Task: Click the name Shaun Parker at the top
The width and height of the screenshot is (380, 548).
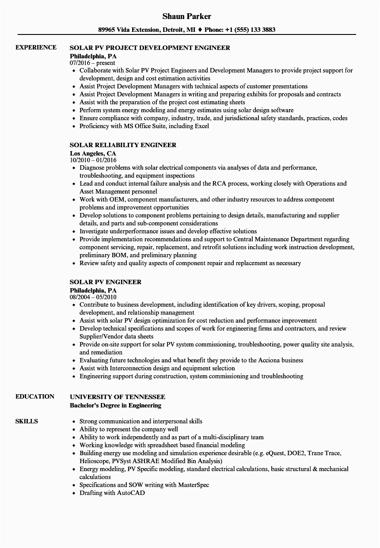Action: tap(186, 16)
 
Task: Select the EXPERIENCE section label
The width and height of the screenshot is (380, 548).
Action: tap(36, 47)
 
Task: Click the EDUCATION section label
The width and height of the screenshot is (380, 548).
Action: tap(35, 396)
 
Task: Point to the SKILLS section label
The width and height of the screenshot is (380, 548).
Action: tap(27, 421)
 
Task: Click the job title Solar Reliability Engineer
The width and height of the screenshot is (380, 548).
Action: tap(123, 145)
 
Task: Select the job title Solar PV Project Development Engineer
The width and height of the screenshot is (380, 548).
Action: tap(150, 48)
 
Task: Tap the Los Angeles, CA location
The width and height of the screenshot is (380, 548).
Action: tap(93, 153)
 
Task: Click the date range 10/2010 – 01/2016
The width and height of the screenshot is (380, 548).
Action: tap(93, 160)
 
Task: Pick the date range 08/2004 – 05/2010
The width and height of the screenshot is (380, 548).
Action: tap(93, 297)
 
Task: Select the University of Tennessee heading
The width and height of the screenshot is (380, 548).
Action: tap(118, 397)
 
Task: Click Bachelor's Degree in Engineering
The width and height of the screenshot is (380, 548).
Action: tap(115, 405)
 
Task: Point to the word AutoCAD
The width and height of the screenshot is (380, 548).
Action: tap(131, 493)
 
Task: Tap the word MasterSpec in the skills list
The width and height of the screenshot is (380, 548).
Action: tap(194, 485)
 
